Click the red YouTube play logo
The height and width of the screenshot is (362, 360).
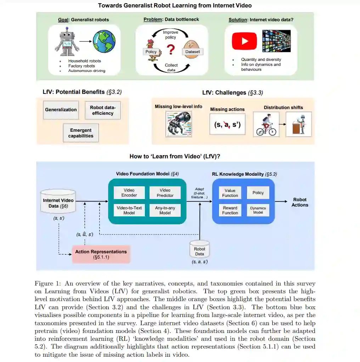click(244, 41)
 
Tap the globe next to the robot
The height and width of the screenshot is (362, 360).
click(105, 41)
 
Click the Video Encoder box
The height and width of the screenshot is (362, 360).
click(129, 193)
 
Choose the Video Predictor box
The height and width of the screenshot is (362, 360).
click(165, 193)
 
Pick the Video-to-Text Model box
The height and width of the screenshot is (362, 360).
click(129, 210)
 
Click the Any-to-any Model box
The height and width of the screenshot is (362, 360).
click(165, 210)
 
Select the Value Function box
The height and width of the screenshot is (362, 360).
click(230, 193)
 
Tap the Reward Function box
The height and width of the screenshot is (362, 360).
click(230, 210)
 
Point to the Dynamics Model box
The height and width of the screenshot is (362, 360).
click(258, 210)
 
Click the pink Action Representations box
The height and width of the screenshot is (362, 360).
click(101, 254)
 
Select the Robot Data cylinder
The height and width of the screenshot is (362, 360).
click(199, 250)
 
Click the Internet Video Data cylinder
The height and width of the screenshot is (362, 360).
click(58, 202)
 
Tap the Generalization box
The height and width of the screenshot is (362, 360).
click(61, 110)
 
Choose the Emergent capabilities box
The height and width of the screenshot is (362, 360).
click(81, 133)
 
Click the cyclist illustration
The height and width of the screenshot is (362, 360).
click(266, 125)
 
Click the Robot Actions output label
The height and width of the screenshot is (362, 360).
click(300, 202)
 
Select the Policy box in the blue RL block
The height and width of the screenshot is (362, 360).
click(258, 193)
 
